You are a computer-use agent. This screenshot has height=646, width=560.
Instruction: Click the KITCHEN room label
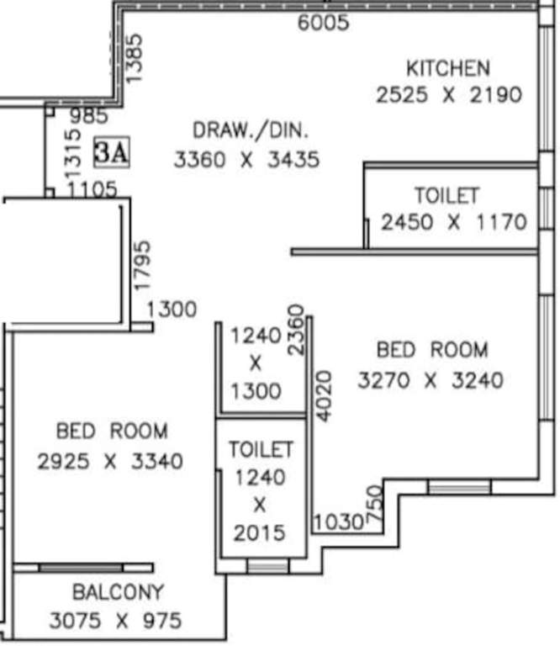[x=447, y=68]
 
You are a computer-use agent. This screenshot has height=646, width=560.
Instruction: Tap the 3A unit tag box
[x=111, y=152]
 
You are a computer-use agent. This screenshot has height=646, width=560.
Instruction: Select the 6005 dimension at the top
[x=323, y=23]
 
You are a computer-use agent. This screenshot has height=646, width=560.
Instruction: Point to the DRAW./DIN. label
[x=251, y=130]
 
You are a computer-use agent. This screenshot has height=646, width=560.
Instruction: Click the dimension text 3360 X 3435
[x=246, y=159]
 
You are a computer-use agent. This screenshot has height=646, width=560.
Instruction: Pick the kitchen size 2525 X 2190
[x=448, y=94]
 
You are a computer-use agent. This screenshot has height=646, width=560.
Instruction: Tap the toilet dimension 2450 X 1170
[x=453, y=223]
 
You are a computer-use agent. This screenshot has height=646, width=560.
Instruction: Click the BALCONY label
[x=118, y=592]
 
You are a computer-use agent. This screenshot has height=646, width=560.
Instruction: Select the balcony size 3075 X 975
[x=115, y=622]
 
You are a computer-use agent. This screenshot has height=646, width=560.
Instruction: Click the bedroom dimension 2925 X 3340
[x=110, y=461]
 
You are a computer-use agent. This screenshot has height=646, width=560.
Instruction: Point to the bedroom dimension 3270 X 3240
[x=431, y=380]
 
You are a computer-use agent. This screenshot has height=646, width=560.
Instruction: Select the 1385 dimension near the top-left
[x=135, y=57]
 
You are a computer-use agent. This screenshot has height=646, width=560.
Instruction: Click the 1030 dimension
[x=338, y=522]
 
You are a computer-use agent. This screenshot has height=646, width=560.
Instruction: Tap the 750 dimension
[x=375, y=507]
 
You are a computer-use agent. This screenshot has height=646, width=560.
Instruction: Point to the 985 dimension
[x=88, y=116]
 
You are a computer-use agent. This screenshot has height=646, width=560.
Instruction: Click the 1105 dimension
[x=92, y=191]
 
